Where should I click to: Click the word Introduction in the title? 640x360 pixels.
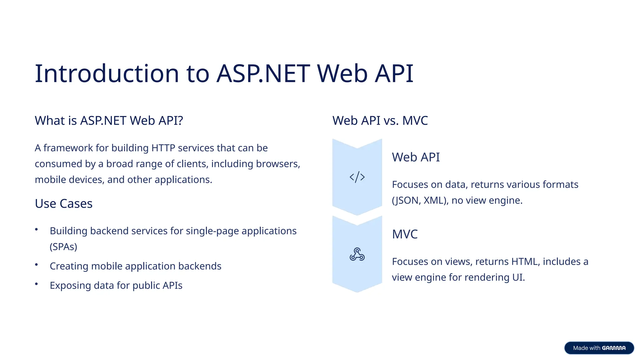(107, 74)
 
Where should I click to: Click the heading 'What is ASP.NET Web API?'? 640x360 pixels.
(109, 121)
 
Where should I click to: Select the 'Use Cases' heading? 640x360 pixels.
(63, 204)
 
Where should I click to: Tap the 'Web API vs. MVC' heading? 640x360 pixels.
(380, 121)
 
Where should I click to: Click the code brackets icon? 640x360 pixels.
(357, 177)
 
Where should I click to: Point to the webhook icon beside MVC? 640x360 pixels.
(357, 254)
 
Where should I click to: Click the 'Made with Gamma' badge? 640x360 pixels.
(599, 348)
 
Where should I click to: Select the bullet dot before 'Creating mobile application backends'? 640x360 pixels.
(37, 265)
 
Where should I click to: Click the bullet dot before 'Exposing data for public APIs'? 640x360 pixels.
(37, 284)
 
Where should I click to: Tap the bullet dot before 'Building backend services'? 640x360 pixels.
(37, 229)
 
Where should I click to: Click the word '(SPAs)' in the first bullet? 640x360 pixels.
(63, 247)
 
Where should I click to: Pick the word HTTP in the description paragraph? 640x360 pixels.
(163, 148)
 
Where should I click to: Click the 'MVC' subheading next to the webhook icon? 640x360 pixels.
(405, 234)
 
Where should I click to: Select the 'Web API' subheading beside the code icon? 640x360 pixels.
(416, 157)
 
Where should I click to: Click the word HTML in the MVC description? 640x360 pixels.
(526, 262)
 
